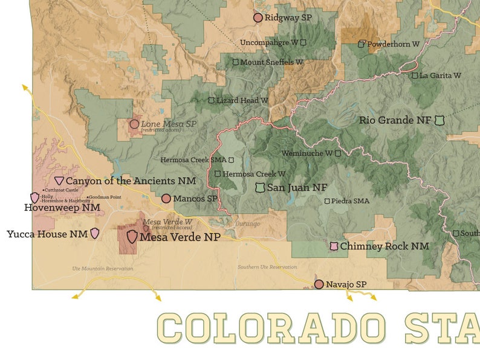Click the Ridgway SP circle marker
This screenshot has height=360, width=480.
[258, 18]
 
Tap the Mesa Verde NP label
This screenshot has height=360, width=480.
[180, 237]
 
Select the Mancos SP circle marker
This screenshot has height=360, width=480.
[166, 199]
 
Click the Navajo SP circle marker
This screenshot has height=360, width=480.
[319, 284]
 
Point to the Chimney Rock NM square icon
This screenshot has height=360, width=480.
[333, 246]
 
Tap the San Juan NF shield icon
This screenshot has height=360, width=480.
[261, 188]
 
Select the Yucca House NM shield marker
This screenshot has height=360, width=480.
[95, 234]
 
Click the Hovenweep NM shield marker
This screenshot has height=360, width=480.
[34, 198]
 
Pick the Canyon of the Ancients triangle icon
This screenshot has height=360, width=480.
[59, 181]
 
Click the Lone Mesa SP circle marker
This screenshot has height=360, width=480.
[134, 124]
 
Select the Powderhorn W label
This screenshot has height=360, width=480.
[393, 44]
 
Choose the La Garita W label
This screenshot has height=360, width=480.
[440, 76]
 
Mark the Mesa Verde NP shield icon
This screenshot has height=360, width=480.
[132, 237]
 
